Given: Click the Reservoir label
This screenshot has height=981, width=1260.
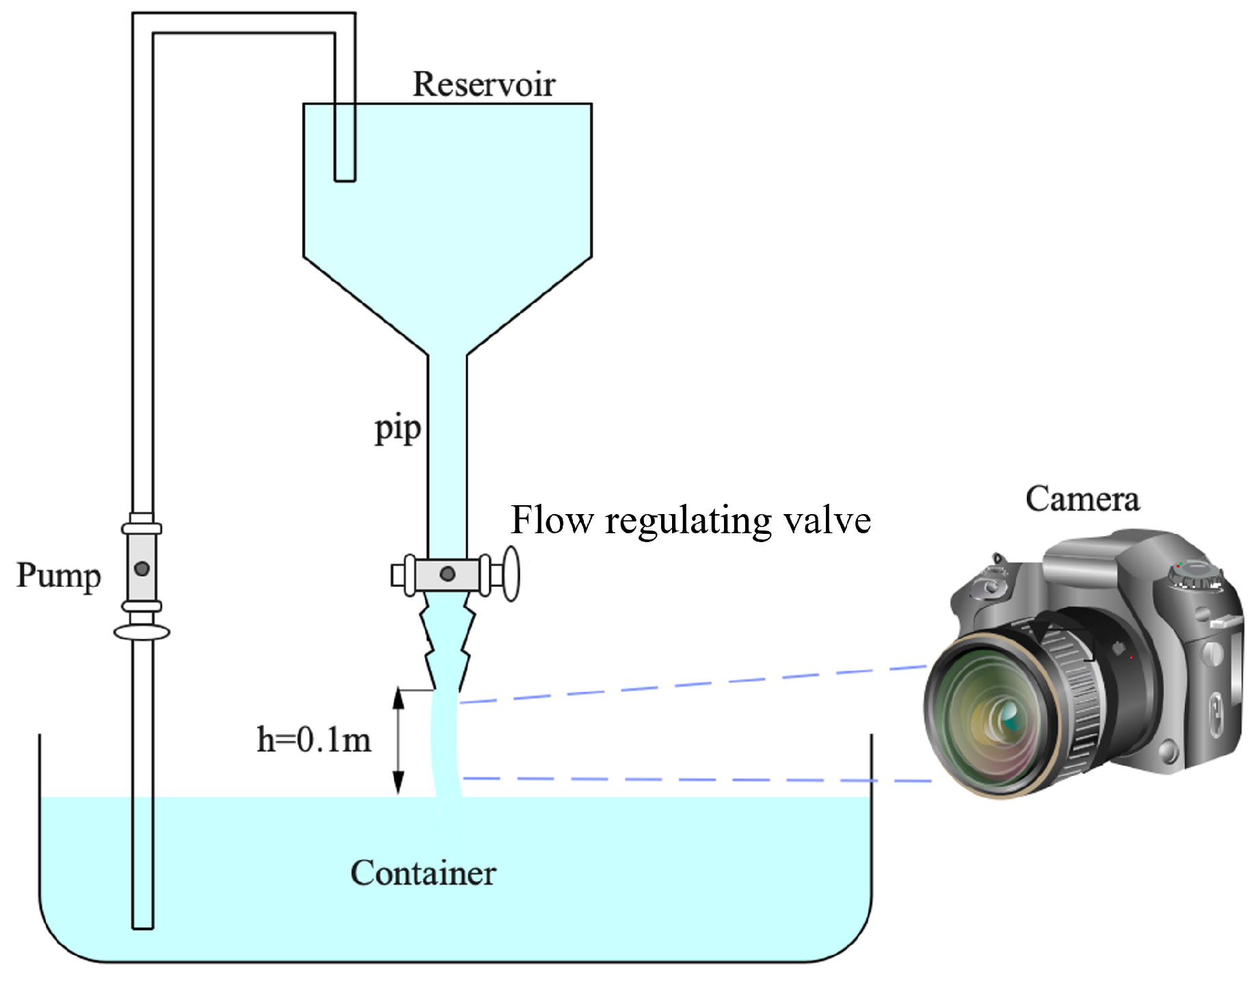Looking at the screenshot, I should coord(483,85).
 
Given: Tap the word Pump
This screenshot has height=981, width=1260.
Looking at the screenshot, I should coord(59,576).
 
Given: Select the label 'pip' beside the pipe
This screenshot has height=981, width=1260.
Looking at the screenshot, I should coord(397,429).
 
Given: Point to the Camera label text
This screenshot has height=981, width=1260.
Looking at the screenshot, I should coord(1082,499).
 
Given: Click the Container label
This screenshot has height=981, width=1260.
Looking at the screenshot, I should coord(423,873).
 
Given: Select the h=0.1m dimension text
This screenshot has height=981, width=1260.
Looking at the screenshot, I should coord(314,740).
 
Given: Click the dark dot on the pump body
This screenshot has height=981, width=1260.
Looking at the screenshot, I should coord(142,568).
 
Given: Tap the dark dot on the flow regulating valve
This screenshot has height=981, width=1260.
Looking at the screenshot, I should coord(447,574).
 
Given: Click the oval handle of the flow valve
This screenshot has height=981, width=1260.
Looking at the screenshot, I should coord(511,574).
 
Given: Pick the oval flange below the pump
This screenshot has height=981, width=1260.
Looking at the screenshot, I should coord(142,632).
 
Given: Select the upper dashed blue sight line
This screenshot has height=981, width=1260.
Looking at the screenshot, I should coord(691,684).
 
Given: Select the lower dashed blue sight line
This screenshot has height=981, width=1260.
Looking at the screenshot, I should coord(697,779).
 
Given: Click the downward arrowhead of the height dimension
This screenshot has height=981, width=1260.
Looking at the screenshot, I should coord(398,783).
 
